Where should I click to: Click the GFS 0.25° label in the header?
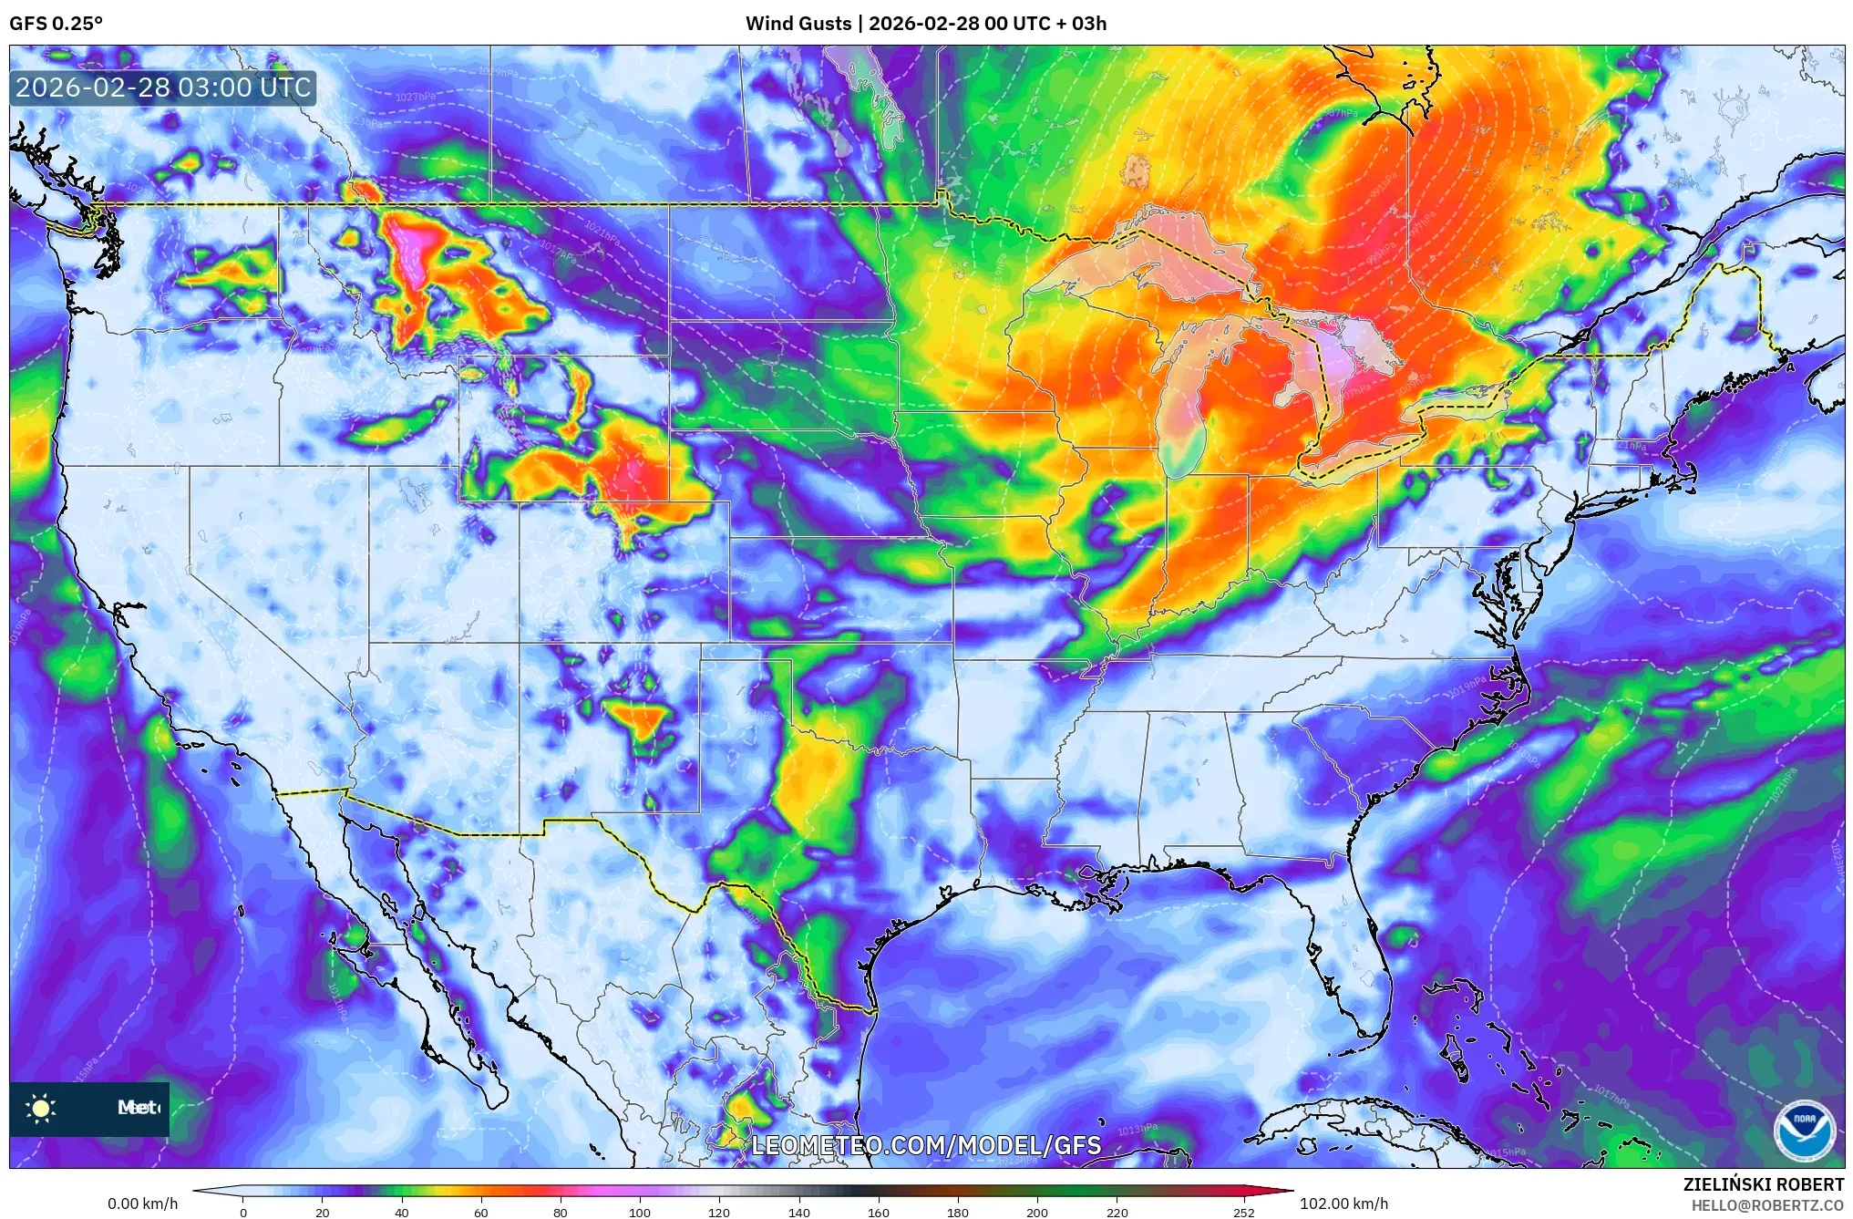[56, 24]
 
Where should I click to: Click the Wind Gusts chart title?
[925, 24]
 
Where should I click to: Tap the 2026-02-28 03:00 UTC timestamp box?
[163, 88]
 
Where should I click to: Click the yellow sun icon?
[41, 1108]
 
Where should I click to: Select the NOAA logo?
[1804, 1131]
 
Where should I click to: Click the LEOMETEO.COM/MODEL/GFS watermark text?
[926, 1145]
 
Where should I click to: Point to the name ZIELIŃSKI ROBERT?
[1763, 1184]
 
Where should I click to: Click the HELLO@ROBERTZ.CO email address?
[1767, 1205]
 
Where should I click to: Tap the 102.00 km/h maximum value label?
[1343, 1204]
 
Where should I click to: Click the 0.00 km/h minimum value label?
[142, 1204]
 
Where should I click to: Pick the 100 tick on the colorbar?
[640, 1213]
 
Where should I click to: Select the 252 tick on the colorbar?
[1243, 1213]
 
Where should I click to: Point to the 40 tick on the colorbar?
[401, 1213]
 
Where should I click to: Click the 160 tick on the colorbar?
[879, 1213]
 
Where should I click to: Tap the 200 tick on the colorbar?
[1037, 1213]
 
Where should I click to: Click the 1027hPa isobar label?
[415, 97]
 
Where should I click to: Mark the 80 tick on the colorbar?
[560, 1213]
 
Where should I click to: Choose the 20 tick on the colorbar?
[322, 1213]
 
